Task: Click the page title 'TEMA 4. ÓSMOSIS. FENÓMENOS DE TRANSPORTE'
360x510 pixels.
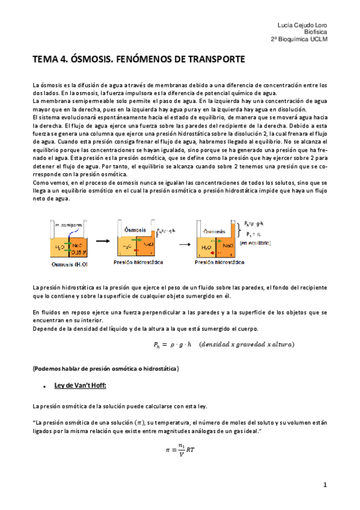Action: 138,60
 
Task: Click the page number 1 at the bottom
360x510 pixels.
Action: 325,484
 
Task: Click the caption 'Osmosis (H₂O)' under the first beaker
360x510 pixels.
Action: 64,263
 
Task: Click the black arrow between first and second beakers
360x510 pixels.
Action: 99,240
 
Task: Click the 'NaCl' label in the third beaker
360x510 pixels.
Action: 229,247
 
